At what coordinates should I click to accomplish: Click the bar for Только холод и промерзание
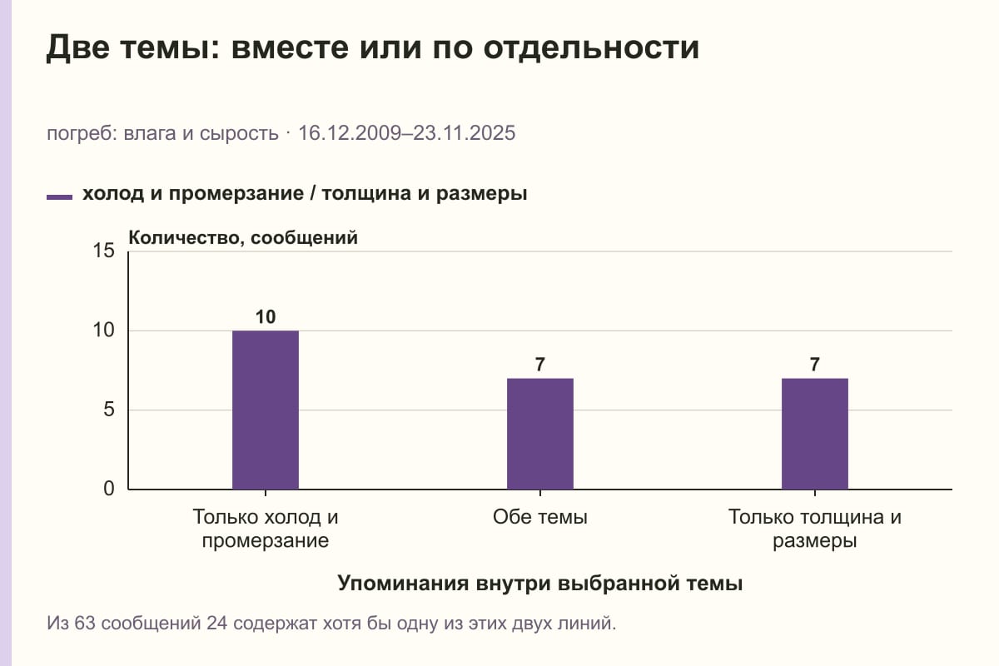click(x=266, y=410)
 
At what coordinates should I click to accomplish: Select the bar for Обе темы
click(x=540, y=434)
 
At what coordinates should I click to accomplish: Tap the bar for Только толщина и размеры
click(x=815, y=434)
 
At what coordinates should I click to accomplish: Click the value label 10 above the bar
click(x=266, y=317)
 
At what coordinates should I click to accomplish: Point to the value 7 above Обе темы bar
click(x=540, y=365)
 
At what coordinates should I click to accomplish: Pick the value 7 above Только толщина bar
click(x=815, y=365)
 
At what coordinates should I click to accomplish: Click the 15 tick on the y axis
click(x=103, y=251)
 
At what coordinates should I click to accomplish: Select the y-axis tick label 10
click(x=103, y=331)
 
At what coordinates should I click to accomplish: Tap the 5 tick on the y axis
click(x=109, y=410)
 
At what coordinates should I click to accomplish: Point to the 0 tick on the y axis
click(x=109, y=490)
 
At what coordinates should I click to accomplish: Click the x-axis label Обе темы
click(x=540, y=518)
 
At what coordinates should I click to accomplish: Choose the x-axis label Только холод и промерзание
click(x=266, y=529)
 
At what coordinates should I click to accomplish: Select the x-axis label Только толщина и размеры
click(x=815, y=529)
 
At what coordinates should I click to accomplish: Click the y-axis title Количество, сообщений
click(x=243, y=238)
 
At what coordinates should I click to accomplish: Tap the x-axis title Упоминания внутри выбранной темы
click(x=540, y=584)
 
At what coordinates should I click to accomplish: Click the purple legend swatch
click(x=59, y=197)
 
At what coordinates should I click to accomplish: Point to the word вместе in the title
click(x=290, y=47)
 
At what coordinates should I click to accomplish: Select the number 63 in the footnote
click(x=85, y=624)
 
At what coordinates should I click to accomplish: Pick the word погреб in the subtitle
click(x=82, y=134)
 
